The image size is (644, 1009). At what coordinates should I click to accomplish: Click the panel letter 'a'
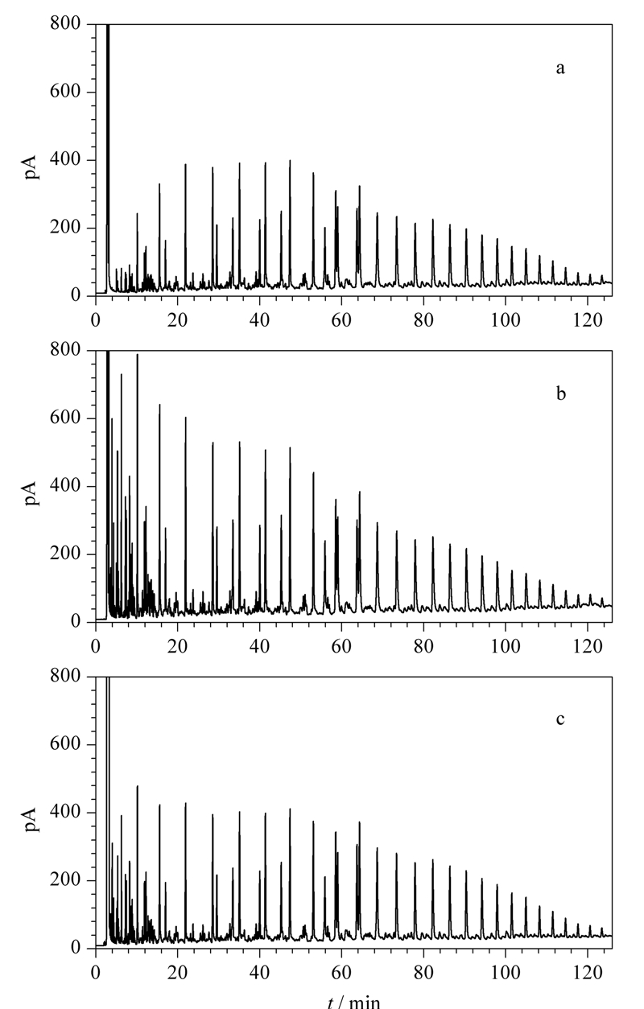[559, 68]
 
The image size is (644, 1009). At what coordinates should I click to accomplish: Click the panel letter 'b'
[560, 393]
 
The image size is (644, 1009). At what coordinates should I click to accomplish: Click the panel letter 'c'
[559, 719]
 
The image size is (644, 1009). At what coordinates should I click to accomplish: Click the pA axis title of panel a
[31, 167]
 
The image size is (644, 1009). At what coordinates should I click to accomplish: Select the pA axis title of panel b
[31, 493]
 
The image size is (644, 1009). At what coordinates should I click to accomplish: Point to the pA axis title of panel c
[31, 819]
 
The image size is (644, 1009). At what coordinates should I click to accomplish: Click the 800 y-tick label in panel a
[65, 23]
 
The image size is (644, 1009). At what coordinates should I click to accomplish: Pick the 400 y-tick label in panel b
[65, 486]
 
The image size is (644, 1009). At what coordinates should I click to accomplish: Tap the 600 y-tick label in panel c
[65, 743]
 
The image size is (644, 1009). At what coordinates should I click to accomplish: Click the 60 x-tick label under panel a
[341, 320]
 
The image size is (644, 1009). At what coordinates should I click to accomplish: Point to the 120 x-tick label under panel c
[587, 973]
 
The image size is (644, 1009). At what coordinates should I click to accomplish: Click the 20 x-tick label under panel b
[178, 646]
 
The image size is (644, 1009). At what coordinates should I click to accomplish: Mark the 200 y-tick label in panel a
[65, 228]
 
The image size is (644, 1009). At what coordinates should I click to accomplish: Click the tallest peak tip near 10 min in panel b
[138, 355]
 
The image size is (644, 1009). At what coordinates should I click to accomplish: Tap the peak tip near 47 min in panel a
[290, 160]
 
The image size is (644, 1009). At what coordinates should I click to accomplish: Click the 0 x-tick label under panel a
[96, 320]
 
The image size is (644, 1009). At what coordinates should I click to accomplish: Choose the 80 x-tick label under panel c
[423, 973]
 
